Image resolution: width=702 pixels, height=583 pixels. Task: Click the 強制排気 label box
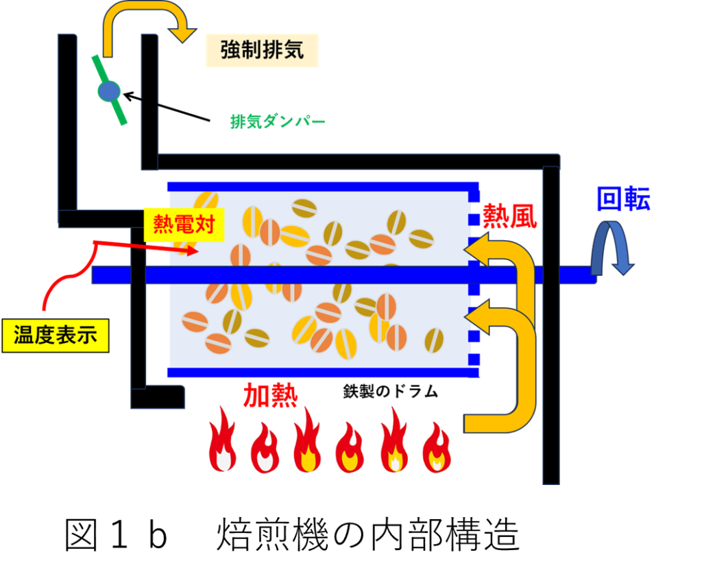pyautogui.click(x=262, y=50)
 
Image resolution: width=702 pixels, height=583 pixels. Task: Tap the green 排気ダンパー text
pyautogui.click(x=278, y=121)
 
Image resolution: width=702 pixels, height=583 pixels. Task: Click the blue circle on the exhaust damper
pyautogui.click(x=109, y=91)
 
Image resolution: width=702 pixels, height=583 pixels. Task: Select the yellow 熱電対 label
pyautogui.click(x=184, y=224)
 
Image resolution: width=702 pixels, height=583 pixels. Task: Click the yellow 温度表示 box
pyautogui.click(x=56, y=335)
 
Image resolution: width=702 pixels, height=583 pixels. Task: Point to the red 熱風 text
pyautogui.click(x=509, y=216)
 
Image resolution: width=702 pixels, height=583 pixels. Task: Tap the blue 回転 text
pyautogui.click(x=624, y=199)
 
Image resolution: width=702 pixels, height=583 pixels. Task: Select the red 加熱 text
pyautogui.click(x=270, y=395)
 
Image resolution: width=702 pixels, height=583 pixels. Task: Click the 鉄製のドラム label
pyautogui.click(x=390, y=392)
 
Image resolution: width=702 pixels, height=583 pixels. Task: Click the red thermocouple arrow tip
pyautogui.click(x=198, y=251)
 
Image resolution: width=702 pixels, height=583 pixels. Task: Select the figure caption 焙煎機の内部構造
pyautogui.click(x=368, y=534)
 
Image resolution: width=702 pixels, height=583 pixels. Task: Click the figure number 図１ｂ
pyautogui.click(x=116, y=534)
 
